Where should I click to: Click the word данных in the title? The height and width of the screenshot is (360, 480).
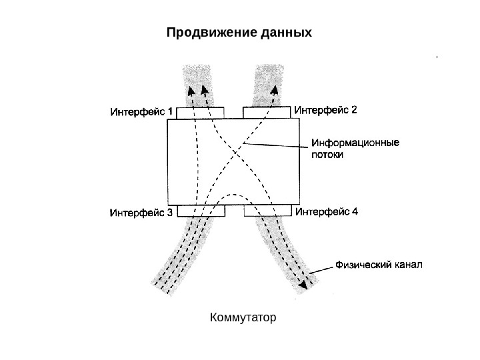tap(283, 32)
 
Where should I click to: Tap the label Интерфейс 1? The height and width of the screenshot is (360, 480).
tap(141, 112)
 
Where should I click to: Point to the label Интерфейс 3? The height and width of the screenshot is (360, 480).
tap(141, 213)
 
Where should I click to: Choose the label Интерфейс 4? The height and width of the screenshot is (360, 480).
tap(326, 213)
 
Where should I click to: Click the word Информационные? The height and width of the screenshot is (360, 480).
tap(355, 142)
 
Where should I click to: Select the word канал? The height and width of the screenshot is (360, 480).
tap(409, 265)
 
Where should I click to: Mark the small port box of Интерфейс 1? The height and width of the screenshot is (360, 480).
tap(201, 113)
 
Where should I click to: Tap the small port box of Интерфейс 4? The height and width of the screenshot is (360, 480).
tap(267, 211)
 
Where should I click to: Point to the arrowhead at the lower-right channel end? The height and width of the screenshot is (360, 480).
tap(305, 283)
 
